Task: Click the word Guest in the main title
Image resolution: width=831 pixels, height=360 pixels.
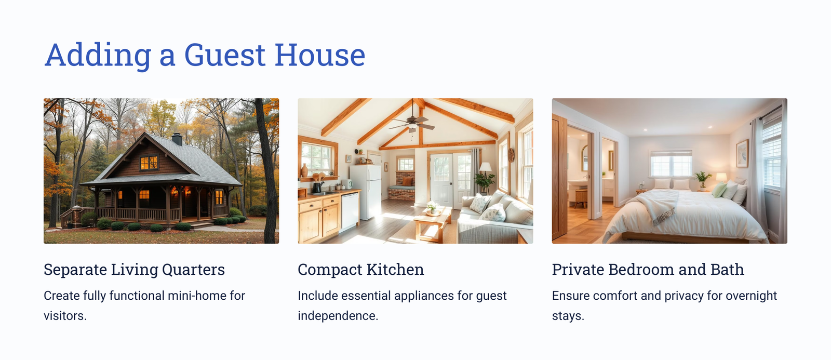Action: pos(225,55)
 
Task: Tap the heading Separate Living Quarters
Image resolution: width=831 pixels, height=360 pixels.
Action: pos(135,270)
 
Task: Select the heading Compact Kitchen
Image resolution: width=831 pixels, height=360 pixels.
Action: pos(360,270)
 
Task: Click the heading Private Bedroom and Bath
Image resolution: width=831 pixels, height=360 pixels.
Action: pos(648,270)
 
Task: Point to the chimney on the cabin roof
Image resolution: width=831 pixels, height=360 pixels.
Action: pos(177,139)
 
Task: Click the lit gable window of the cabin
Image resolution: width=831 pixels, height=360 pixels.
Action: pos(149,163)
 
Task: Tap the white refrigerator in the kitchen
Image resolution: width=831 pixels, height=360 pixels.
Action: pos(366,192)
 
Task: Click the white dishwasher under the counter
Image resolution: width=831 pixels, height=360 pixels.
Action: pos(350,211)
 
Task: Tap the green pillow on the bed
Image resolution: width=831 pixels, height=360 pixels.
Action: pos(719,190)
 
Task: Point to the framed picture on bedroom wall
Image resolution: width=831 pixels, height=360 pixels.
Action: pos(742,154)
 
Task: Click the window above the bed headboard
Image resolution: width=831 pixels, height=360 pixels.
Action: pos(671,164)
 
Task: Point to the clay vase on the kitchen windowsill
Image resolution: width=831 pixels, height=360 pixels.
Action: pos(304,171)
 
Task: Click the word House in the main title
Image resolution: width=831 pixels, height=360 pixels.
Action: pos(320,55)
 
